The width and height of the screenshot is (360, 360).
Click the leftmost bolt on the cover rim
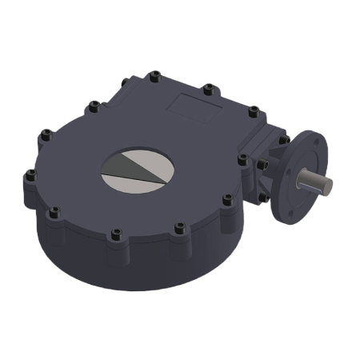[x=30, y=174]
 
